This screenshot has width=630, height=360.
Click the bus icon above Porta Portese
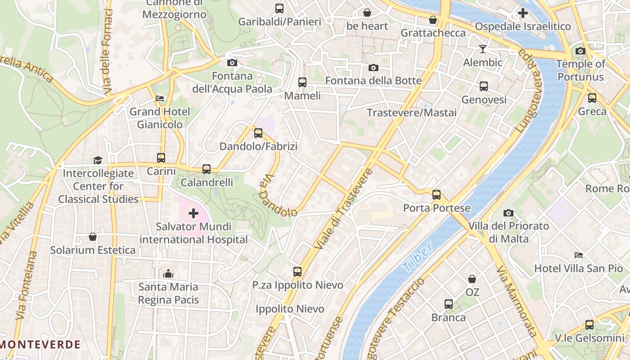coord(436,195)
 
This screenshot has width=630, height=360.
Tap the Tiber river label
coord(417,257)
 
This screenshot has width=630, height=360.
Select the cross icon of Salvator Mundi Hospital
coord(193,213)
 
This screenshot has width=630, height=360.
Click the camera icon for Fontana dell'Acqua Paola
coord(232,63)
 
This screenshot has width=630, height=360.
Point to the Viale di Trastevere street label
coord(344,210)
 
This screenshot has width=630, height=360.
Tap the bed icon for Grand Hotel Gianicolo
coord(160,98)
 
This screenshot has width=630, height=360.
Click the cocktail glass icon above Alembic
coord(483,49)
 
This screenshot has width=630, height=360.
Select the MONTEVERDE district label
coord(40,345)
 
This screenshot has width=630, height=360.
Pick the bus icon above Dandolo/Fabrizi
coord(258,133)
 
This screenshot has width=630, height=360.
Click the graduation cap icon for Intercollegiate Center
coord(98,160)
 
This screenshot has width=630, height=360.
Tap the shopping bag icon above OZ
coord(472,279)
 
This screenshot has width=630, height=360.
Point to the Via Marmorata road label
coord(516,301)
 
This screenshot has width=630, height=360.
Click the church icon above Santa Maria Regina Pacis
coord(168,273)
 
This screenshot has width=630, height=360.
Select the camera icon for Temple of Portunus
coord(580,51)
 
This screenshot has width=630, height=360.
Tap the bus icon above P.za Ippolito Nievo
coord(297,271)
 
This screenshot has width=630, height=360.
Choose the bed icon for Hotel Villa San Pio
coord(579,255)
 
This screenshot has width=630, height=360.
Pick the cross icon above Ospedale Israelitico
coord(522,13)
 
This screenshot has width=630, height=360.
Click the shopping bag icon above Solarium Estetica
coord(93,236)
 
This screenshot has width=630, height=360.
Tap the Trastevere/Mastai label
coord(412,112)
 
